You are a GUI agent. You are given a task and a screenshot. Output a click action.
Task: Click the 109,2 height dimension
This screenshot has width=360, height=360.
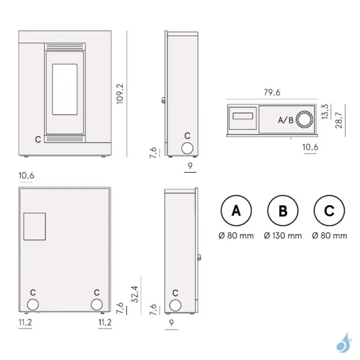pos(119,94)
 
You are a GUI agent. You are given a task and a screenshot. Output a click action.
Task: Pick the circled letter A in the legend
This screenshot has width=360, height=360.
pos(236,211)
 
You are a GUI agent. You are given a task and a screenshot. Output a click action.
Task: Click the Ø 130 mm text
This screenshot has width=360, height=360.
pos(283,236)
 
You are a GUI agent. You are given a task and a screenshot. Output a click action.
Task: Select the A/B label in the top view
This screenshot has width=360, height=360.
pos(286,120)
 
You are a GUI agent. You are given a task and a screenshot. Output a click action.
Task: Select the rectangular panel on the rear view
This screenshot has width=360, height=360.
pos(34,226)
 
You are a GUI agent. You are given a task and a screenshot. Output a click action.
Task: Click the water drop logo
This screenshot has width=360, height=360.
pos(343,343)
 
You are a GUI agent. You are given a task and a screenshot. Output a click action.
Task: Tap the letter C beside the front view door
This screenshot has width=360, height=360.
pos(38,139)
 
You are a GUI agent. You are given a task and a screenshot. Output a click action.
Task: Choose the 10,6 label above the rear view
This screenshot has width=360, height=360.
pos(26,175)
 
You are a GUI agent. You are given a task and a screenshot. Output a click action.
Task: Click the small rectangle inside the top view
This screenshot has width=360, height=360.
pos(242,115)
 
